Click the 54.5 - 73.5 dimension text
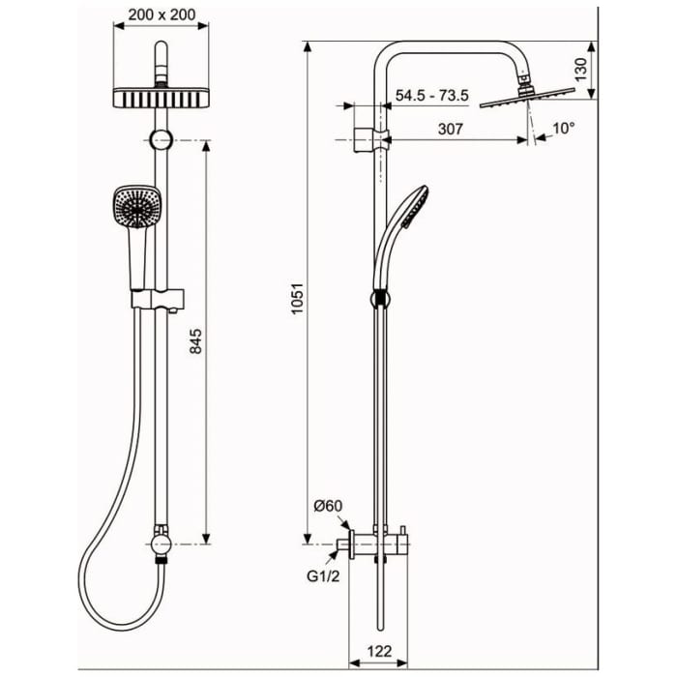(x=432, y=95)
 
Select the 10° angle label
(x=562, y=128)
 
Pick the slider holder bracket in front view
(x=162, y=297)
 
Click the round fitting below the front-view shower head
(x=162, y=138)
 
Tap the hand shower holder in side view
(x=379, y=297)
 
